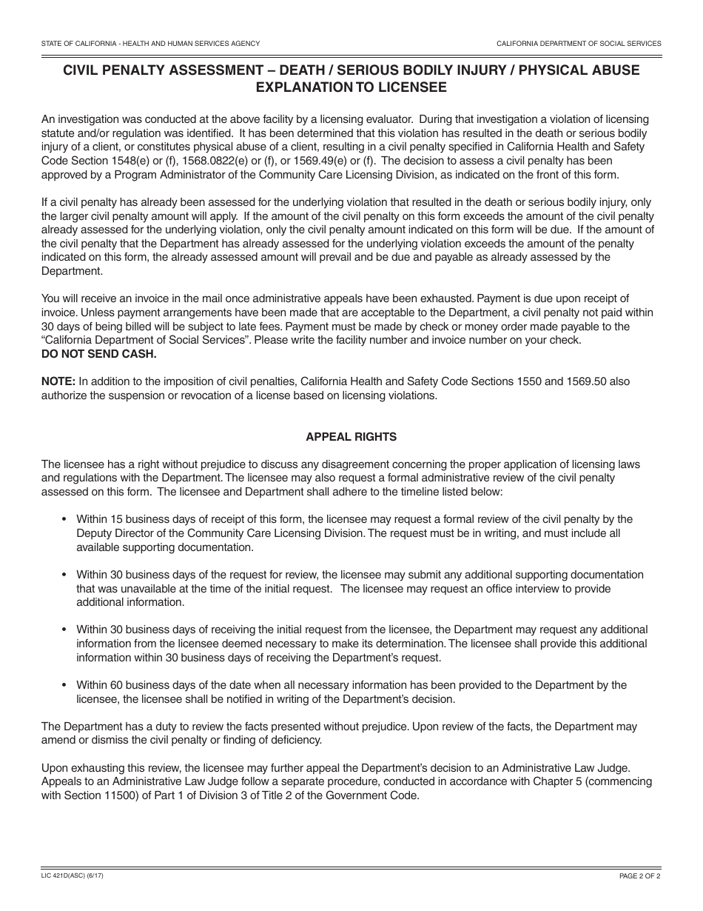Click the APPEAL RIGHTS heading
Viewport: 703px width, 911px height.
[x=351, y=437]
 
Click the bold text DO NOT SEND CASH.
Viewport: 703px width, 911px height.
[x=99, y=353]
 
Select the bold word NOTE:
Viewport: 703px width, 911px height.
[x=58, y=381]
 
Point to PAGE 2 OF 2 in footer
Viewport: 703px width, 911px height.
[x=640, y=876]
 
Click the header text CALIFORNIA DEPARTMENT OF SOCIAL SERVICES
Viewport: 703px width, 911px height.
[x=579, y=44]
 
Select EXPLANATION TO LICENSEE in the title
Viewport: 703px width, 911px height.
[x=351, y=87]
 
